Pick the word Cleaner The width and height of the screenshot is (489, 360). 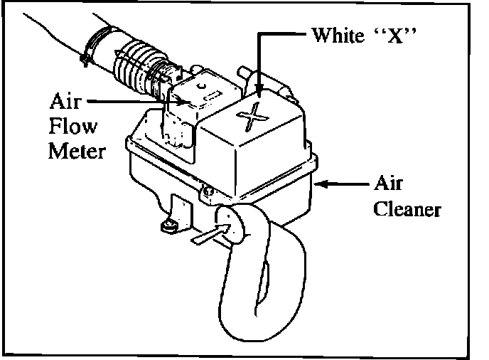[x=408, y=211]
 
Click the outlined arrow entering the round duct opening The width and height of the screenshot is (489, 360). [x=214, y=234]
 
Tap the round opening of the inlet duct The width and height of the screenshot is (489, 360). [x=230, y=225]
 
